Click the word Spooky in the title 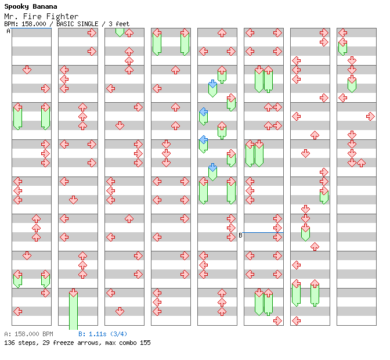16,7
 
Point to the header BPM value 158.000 34,24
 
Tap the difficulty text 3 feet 119,24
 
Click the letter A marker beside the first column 8,31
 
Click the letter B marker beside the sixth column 240,235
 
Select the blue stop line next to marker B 263,232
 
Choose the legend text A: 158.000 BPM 28,334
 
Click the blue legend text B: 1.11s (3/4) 103,334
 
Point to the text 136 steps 20,343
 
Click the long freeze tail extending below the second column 73,311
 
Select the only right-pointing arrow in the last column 370,116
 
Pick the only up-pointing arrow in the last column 361,163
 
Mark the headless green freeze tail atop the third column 120,33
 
